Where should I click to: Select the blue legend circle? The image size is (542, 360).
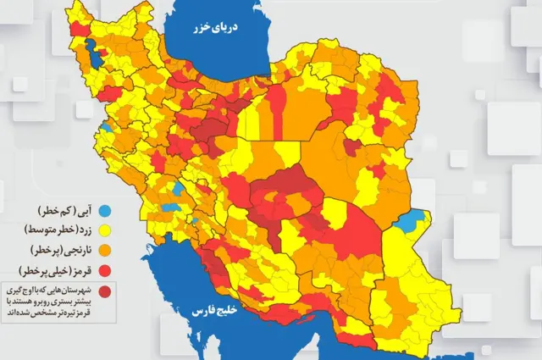(x=105, y=208)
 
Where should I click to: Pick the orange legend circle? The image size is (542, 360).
(x=105, y=250)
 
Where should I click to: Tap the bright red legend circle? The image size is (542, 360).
(x=105, y=270)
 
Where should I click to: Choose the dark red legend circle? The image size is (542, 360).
(x=105, y=292)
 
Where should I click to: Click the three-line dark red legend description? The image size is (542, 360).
(x=49, y=301)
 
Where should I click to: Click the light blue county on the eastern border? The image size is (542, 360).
(x=412, y=222)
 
